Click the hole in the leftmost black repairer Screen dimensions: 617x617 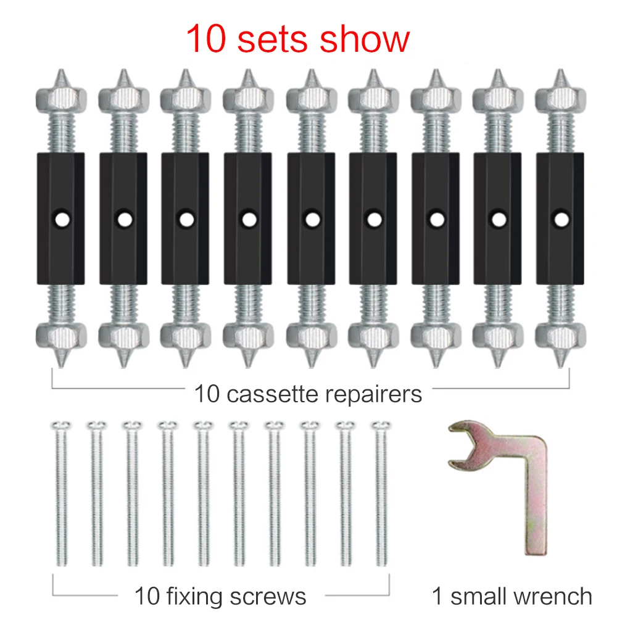(x=61, y=218)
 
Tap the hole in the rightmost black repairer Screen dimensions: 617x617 (x=560, y=218)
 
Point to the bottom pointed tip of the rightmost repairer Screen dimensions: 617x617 (x=560, y=360)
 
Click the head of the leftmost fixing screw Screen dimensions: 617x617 (x=60, y=426)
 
